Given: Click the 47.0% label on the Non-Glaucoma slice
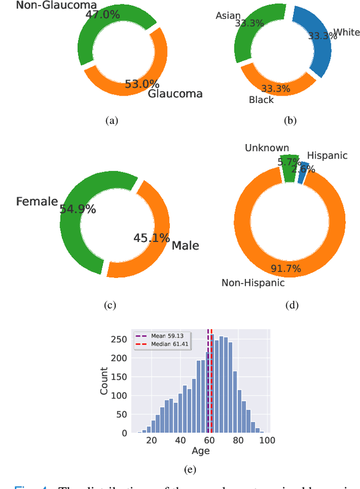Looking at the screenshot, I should tap(102, 15).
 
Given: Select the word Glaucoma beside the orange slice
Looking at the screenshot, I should tap(175, 94).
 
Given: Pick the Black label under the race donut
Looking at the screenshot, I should tap(261, 100).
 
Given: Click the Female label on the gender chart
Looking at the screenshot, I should tap(37, 201).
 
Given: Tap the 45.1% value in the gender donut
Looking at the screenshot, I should tap(151, 238).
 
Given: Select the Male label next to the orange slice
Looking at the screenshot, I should tap(185, 245).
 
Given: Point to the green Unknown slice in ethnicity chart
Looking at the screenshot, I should tap(290, 168).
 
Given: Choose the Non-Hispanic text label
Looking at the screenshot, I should tap(253, 282).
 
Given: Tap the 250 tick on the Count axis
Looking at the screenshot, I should tap(119, 339).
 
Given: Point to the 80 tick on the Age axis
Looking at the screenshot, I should tap(238, 441).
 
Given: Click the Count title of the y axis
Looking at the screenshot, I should tap(105, 380).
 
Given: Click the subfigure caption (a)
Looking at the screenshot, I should tap(112, 120).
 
